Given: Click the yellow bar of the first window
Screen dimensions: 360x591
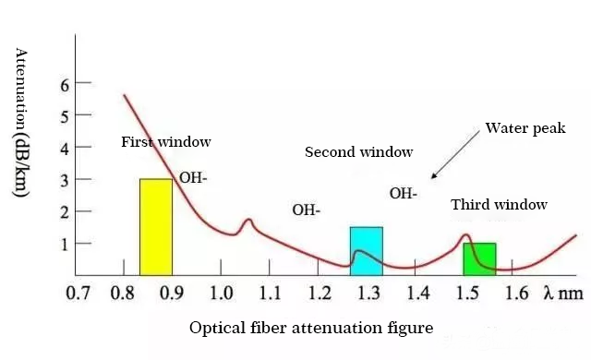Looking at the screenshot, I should tap(155, 226).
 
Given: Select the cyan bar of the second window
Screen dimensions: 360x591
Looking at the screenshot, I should tap(366, 250).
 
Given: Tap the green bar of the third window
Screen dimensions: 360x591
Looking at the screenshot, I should tap(479, 258).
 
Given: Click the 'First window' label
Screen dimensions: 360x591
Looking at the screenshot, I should tap(166, 142).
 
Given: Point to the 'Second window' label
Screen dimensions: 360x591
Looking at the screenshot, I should tap(358, 151).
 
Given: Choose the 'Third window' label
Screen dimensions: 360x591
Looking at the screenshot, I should tap(499, 205).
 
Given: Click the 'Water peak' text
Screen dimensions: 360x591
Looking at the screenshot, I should tap(525, 128).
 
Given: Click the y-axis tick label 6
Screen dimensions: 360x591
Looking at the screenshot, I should tap(65, 85).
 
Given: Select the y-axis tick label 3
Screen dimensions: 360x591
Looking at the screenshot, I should tap(65, 180).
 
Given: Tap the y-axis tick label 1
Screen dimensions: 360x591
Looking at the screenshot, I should tap(65, 244).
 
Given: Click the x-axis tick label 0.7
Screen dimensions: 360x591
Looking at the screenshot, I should tap(77, 294).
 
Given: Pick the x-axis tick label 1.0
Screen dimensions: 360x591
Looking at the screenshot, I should tap(221, 294).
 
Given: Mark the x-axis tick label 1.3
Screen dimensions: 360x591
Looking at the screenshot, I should tap(368, 294).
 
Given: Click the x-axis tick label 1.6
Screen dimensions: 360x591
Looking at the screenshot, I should tap(517, 294).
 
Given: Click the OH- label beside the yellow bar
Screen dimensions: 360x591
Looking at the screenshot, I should tap(193, 177).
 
